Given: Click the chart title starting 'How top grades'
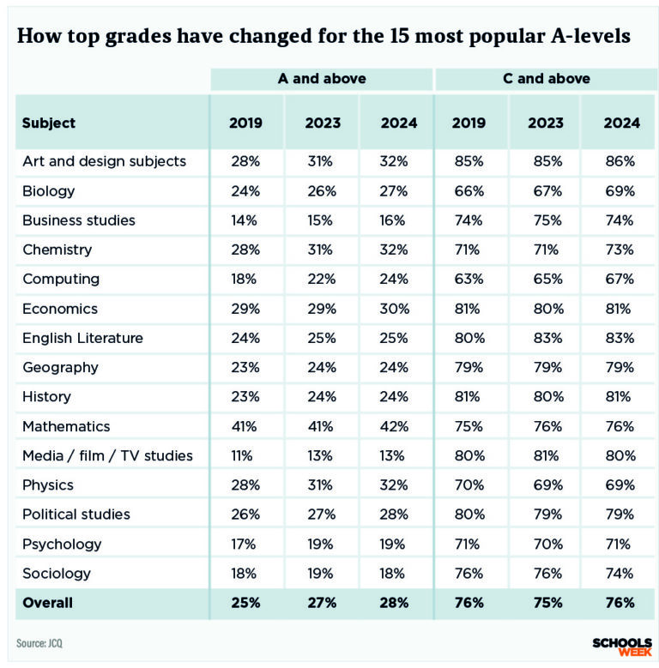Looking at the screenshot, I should (x=324, y=37).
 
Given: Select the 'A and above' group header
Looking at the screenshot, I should (x=322, y=79).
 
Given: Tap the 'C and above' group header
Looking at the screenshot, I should (x=546, y=79).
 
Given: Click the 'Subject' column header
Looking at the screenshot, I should (x=49, y=123).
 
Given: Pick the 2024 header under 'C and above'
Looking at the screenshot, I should (x=621, y=123).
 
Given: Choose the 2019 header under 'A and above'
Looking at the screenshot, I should (x=245, y=123).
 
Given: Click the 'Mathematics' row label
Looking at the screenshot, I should (x=66, y=426).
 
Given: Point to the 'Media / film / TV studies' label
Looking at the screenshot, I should (x=107, y=455).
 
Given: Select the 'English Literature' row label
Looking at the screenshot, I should (x=82, y=338).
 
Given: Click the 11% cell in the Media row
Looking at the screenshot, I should (x=245, y=455).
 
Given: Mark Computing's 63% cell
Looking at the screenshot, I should (x=468, y=279).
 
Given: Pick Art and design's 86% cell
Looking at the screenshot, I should (x=620, y=161).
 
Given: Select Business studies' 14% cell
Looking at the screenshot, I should (x=245, y=220).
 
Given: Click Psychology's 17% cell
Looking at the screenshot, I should (x=245, y=544).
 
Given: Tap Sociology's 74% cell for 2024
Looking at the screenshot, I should (x=620, y=573).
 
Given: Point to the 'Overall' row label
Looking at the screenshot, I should (x=48, y=603).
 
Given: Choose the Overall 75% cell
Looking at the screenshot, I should (x=545, y=603).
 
